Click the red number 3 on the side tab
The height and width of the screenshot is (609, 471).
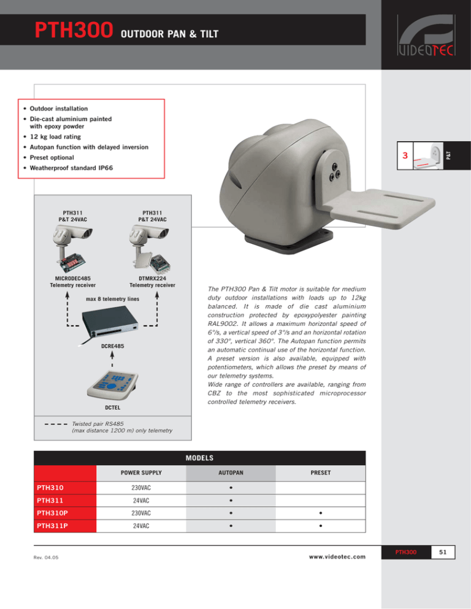tap(404, 157)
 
